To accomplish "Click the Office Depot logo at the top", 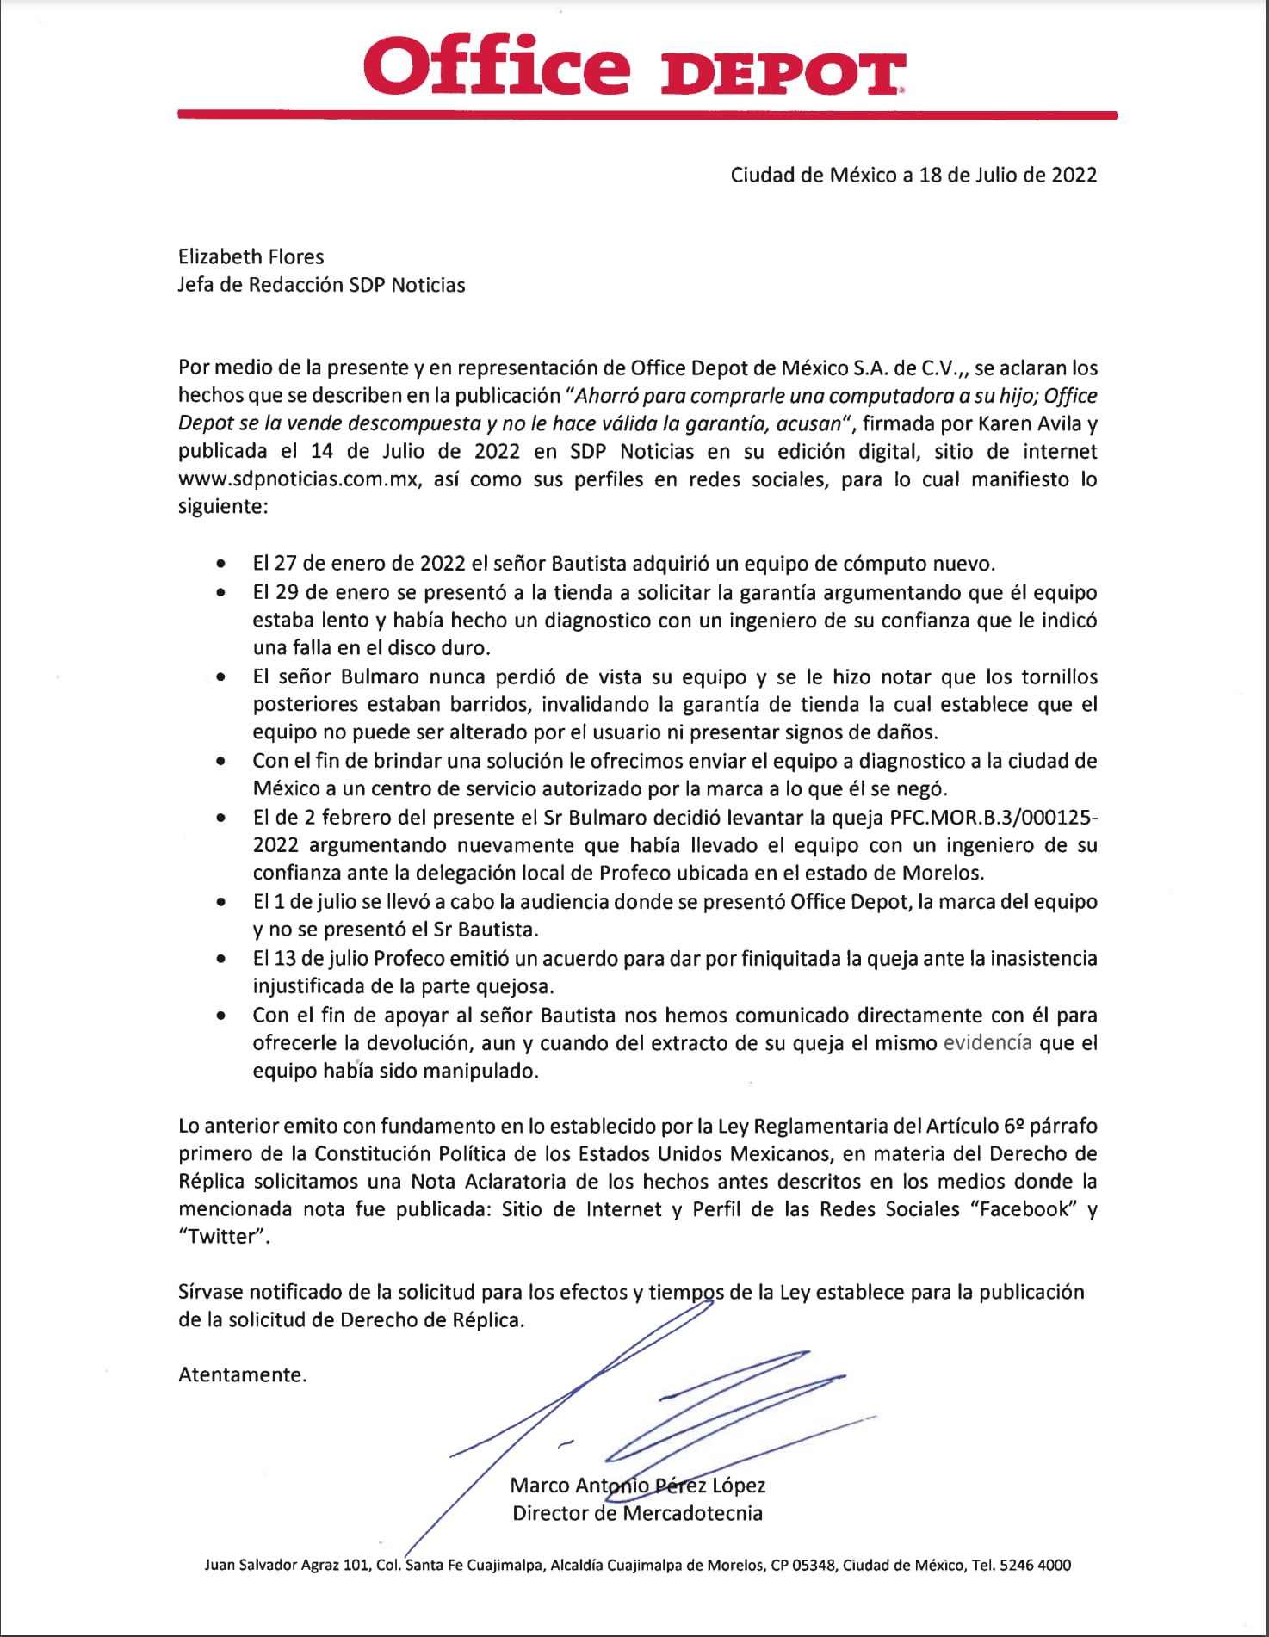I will point(634,66).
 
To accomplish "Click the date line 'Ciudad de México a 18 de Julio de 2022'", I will point(913,176).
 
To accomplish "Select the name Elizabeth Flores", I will point(251,256).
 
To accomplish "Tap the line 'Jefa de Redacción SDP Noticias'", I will point(321,285).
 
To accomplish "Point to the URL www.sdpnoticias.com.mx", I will point(299,479).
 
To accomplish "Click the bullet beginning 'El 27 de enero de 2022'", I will point(623,565).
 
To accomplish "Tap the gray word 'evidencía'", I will point(987,1043).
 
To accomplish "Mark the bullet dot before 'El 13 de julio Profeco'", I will point(222,958).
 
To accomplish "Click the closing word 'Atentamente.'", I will point(243,1374).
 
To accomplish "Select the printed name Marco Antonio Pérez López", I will point(637,1486).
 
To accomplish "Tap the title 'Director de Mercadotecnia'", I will point(637,1513).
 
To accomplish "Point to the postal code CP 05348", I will point(802,1565).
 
